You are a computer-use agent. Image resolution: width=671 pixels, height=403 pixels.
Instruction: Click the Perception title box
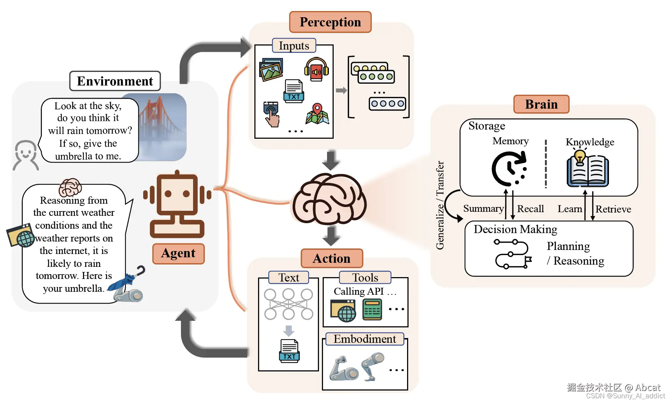[x=330, y=22]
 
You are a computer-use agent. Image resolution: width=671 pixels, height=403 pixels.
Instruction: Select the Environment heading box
[x=115, y=81]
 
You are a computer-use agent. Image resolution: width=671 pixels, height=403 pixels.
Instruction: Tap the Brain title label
[x=541, y=104]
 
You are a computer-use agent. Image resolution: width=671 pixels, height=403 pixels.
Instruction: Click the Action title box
[x=331, y=258]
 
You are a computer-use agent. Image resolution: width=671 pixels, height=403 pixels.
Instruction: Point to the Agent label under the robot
[x=178, y=253]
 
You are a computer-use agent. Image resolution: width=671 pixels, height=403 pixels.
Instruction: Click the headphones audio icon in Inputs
[x=316, y=69]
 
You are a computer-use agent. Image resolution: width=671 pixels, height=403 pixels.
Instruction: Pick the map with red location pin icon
[x=317, y=114]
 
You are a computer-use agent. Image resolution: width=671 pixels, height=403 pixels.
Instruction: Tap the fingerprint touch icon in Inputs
[x=271, y=114]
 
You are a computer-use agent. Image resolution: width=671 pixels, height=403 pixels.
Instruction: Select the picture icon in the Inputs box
[x=271, y=70]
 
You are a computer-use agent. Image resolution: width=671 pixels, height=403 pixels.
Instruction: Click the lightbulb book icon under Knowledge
[x=588, y=169]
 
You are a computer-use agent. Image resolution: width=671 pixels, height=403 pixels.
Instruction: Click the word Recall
[x=530, y=209]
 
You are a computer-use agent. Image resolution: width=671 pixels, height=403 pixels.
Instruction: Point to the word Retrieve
[x=613, y=209]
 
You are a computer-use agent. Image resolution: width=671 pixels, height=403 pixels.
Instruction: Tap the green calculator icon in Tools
[x=372, y=309]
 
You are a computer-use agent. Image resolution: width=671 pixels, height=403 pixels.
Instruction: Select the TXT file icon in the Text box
[x=289, y=351]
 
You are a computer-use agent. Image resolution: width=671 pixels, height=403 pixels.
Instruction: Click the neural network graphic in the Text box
[x=289, y=304]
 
